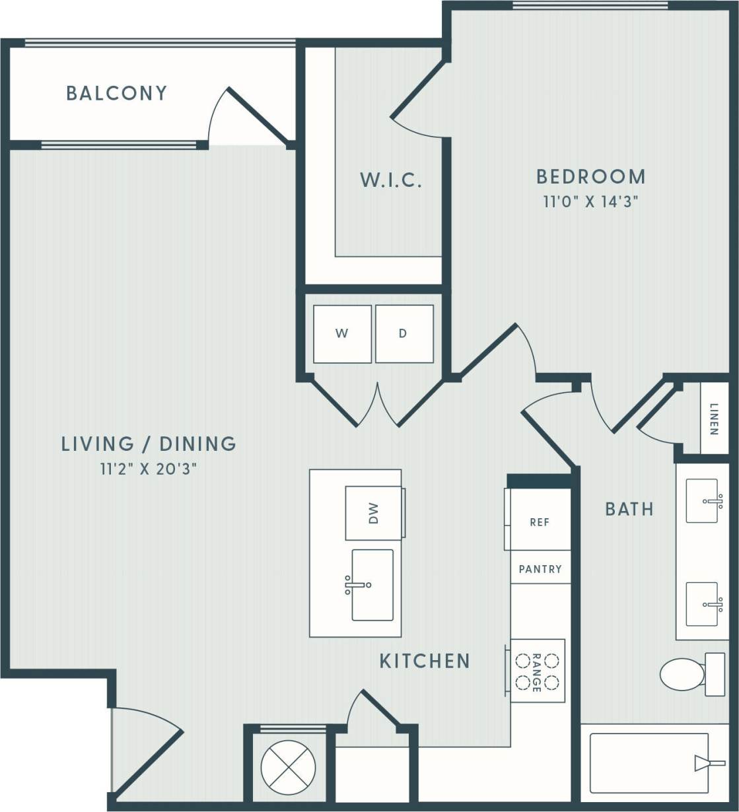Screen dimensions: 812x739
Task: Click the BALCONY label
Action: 117,93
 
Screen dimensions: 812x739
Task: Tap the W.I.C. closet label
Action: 391,180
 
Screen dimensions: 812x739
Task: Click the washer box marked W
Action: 342,334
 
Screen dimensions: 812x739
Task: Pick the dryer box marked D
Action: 404,334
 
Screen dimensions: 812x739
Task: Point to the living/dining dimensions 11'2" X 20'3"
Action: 149,470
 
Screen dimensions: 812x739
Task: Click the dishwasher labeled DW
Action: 374,513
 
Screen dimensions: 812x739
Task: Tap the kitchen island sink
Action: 372,585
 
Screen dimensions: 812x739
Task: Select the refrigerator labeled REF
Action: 539,522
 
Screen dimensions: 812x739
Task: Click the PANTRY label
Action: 540,568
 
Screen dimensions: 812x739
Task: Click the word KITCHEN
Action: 425,661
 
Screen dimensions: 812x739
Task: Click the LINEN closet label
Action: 714,419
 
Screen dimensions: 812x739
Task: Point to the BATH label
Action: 629,509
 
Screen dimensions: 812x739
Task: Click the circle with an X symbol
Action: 284,767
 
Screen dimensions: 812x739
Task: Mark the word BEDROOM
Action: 591,177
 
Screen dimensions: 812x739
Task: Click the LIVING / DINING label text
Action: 149,444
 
